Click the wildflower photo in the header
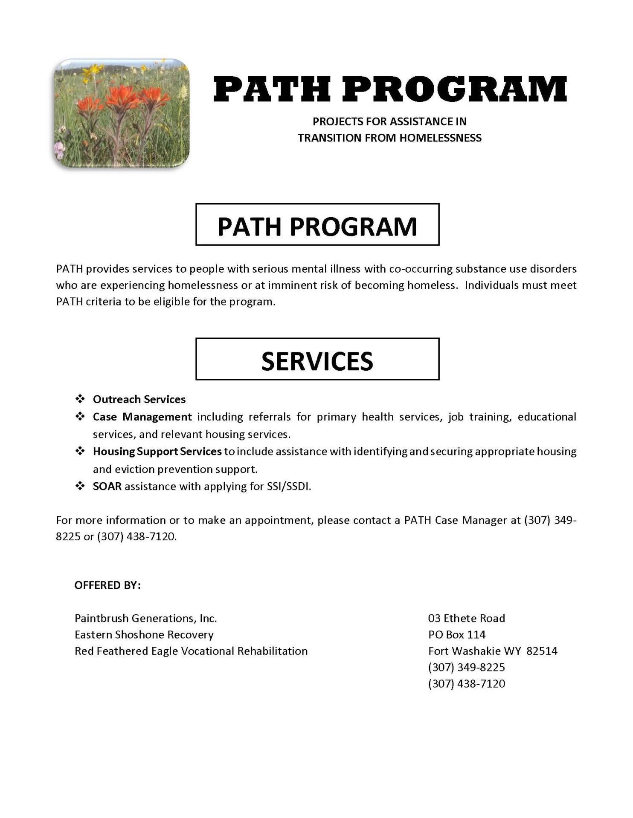pos(122,113)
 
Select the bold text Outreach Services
pos(139,399)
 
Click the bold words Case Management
pos(142,417)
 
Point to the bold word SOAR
pos(107,486)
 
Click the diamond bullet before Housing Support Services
pos(80,451)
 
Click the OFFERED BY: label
pos(107,585)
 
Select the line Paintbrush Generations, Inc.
pos(146,618)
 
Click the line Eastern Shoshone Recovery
pos(144,634)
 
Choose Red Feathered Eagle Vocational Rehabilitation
pos(191,651)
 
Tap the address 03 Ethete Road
pos(466,618)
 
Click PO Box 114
pos(456,634)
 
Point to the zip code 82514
pos(542,651)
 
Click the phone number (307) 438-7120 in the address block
pos(466,684)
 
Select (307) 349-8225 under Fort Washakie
pos(466,667)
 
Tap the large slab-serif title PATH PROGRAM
pos(389,89)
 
